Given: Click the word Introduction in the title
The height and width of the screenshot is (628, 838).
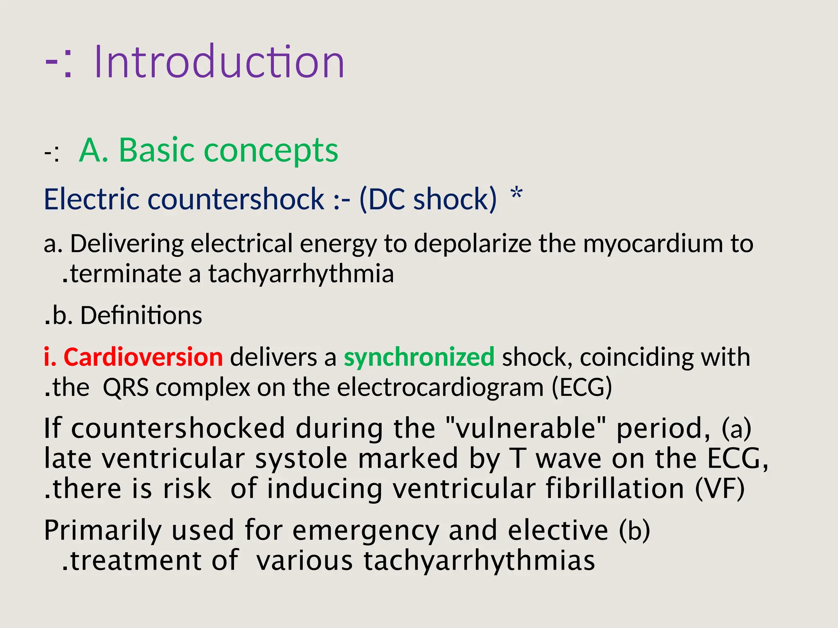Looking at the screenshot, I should tap(219, 62).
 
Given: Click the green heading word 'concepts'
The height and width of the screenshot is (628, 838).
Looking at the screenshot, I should tap(270, 150).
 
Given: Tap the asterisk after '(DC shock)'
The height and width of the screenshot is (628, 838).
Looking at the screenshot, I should tap(517, 193).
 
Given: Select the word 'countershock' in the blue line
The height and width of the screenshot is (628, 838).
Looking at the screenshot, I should tap(236, 199).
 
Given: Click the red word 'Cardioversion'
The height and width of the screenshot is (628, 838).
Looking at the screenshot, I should tap(143, 357).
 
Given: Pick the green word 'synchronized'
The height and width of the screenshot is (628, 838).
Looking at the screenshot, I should tap(419, 357).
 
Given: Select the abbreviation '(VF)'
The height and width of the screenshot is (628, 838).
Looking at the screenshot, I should tap(720, 489).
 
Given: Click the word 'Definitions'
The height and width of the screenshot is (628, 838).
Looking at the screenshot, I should tap(141, 316).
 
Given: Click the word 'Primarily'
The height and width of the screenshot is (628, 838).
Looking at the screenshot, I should tap(102, 530).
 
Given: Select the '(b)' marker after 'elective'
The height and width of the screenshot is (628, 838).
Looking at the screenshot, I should tap(634, 530).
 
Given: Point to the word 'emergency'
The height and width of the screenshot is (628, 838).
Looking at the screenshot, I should tap(365, 530).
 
